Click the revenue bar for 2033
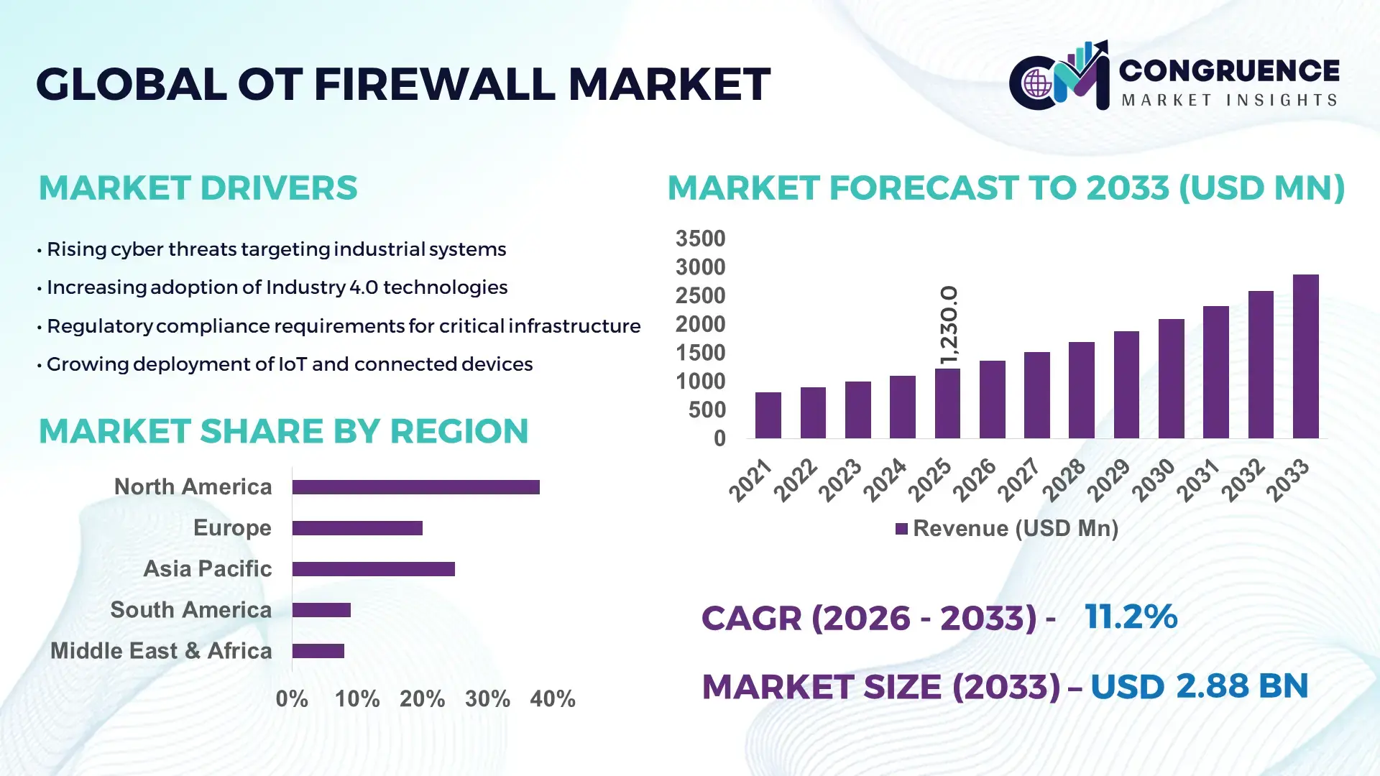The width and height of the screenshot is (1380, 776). click(1305, 356)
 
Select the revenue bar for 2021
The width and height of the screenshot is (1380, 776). click(768, 415)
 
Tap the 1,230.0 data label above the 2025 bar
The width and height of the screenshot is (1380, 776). click(949, 325)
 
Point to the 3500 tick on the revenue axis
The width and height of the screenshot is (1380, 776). click(700, 239)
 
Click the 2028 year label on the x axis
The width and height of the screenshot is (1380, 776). click(1064, 480)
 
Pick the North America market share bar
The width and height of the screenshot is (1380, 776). click(415, 487)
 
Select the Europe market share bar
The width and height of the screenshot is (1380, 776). click(357, 528)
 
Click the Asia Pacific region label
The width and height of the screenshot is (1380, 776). click(207, 569)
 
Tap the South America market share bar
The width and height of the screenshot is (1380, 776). click(321, 610)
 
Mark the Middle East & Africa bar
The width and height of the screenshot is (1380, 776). click(318, 651)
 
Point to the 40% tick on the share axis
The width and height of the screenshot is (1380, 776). click(552, 699)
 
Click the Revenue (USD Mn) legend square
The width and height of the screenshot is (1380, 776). click(901, 529)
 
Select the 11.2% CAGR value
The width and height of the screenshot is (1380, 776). click(1131, 616)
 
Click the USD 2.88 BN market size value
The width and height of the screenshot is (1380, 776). click(1199, 686)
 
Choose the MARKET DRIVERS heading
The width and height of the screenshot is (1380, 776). click(198, 188)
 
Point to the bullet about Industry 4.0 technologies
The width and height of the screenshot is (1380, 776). click(277, 287)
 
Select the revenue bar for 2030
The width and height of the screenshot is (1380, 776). click(1171, 379)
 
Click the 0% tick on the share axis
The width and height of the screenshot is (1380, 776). click(292, 699)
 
